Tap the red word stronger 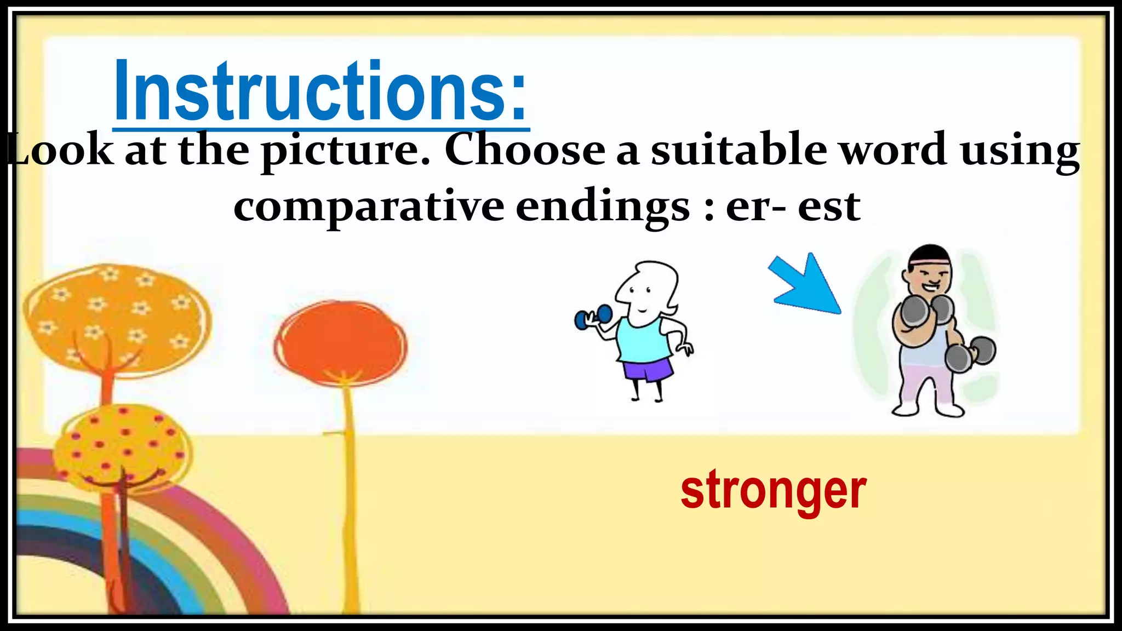click(773, 490)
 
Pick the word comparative click(369, 207)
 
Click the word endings click(603, 207)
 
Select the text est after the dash click(828, 207)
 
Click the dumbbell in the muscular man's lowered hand click(971, 354)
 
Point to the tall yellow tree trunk click(350, 493)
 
